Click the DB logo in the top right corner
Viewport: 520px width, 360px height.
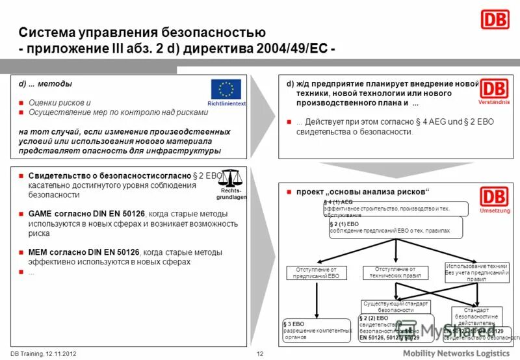[x=495, y=19]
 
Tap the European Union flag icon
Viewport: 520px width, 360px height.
[x=226, y=89]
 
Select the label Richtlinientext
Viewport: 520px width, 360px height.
[x=226, y=104]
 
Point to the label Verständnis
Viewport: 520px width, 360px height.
[x=494, y=103]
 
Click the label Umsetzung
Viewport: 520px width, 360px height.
[x=494, y=211]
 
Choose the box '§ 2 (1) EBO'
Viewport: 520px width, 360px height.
[x=396, y=227]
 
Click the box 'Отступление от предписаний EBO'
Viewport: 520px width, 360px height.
[x=316, y=273]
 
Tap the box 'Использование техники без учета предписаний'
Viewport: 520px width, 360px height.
[x=476, y=272]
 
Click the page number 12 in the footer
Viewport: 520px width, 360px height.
[x=260, y=354]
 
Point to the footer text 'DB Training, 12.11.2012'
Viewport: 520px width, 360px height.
[x=44, y=354]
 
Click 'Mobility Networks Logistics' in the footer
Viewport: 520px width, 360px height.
[x=455, y=352]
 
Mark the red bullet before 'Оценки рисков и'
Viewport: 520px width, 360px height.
[x=21, y=103]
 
